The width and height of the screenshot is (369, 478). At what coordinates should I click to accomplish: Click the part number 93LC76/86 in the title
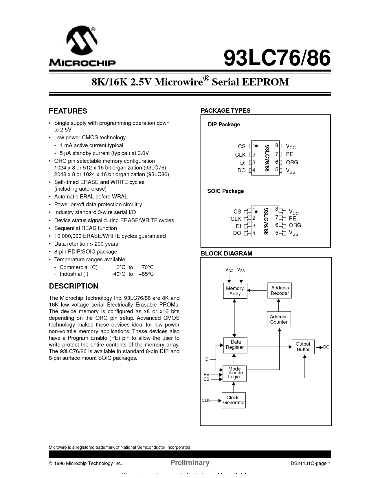(277, 59)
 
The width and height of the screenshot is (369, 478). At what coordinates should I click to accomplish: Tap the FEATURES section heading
(68, 111)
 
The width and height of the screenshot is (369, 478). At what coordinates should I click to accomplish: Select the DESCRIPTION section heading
(74, 286)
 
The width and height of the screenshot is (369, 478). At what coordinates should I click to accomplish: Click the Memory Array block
(235, 291)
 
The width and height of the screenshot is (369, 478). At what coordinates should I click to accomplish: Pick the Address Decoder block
(280, 291)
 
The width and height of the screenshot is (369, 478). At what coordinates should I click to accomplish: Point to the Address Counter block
(279, 319)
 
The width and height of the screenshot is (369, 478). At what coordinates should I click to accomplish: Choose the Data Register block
(235, 345)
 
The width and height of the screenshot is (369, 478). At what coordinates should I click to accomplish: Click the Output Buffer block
(303, 347)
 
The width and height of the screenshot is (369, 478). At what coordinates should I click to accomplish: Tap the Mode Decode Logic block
(234, 373)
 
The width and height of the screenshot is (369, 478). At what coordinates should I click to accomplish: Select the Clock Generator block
(234, 400)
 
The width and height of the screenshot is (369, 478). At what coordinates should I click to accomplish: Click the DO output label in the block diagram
(326, 347)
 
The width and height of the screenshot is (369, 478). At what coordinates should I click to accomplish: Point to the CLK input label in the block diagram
(205, 400)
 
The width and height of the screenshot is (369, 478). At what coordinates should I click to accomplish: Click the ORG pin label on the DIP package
(292, 163)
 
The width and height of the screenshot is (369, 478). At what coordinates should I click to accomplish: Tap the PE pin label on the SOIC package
(292, 219)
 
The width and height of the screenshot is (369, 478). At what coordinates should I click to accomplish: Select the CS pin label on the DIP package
(242, 147)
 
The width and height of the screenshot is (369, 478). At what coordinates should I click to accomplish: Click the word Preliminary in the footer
(190, 462)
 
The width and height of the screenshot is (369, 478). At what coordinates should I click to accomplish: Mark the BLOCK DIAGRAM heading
(227, 253)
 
